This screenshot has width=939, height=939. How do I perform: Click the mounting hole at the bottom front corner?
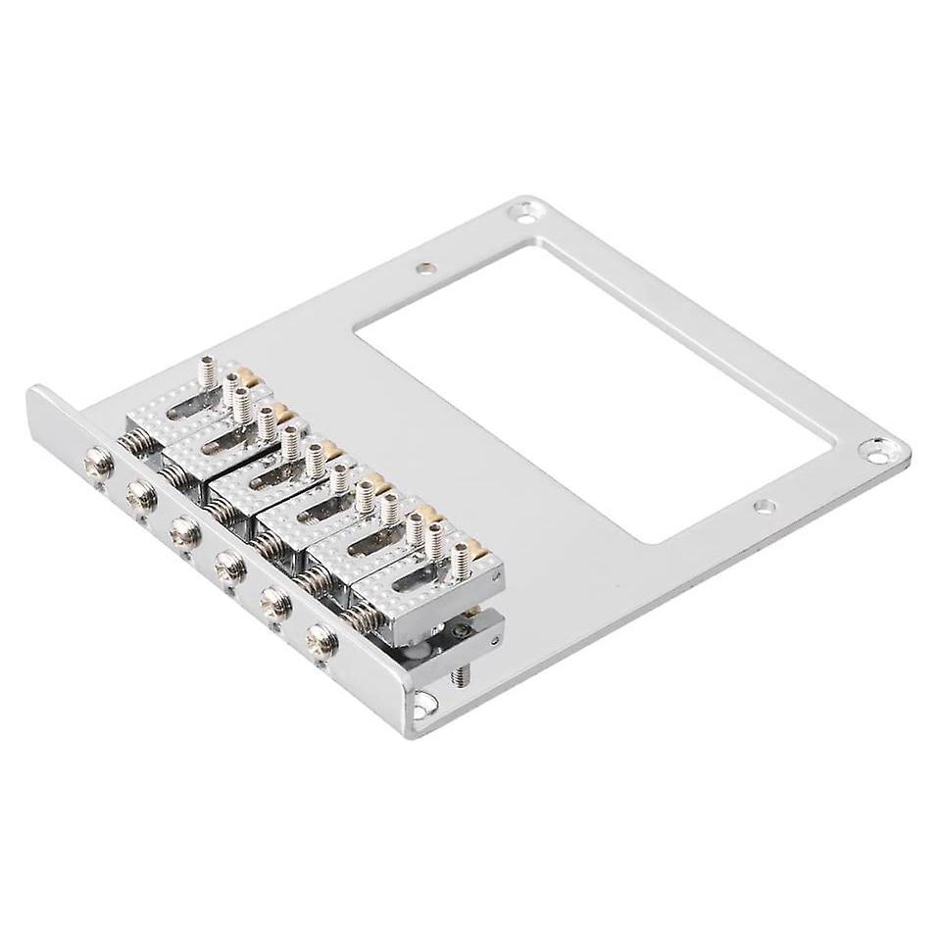click(424, 699)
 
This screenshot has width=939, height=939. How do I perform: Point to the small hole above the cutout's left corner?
click(422, 266)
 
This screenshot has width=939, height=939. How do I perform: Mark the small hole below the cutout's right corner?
click(762, 507)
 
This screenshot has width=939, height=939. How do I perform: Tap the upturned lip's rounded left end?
click(35, 396)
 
